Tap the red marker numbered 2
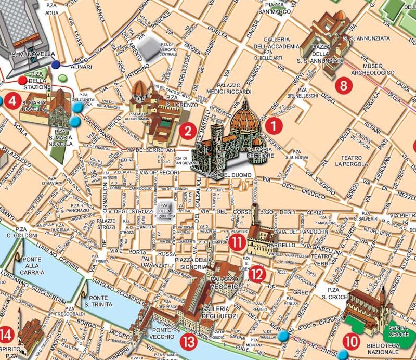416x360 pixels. tap(187, 131)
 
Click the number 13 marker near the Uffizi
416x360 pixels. tap(188, 341)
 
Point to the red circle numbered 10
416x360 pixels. tap(352, 342)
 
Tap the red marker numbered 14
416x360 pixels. tap(7, 333)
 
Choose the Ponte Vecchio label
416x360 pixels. tap(163, 333)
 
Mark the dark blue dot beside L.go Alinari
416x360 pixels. tap(56, 65)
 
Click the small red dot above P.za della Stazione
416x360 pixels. tap(22, 81)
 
